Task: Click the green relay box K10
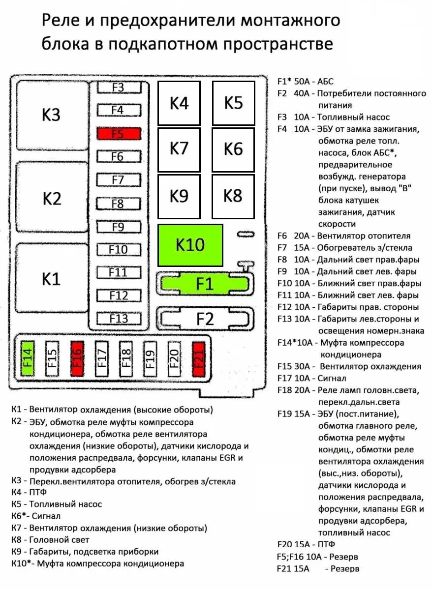[x=190, y=245]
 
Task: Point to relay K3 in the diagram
[x=51, y=115]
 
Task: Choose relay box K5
[x=233, y=103]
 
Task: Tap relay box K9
[x=179, y=196]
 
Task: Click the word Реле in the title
[x=58, y=21]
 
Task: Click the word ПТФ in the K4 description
[x=38, y=492]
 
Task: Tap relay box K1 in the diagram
[x=51, y=279]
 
